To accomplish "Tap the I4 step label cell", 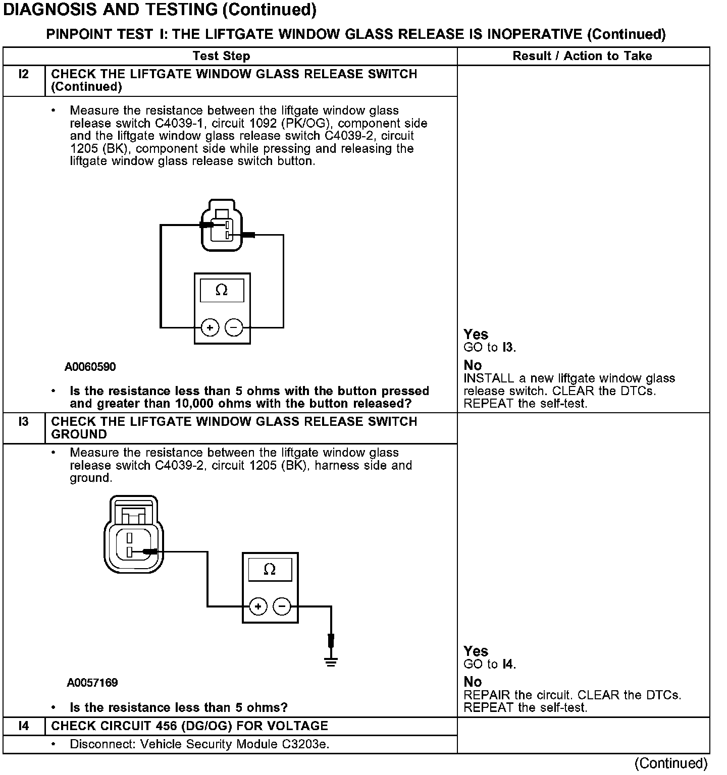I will pos(24,726).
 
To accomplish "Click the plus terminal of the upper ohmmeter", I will pos(210,328).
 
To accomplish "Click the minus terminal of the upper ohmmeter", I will pos(234,328).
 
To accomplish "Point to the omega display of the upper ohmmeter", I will pos(222,291).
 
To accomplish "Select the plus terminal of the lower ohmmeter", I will pos(258,606).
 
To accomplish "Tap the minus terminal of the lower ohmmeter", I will pos(282,606).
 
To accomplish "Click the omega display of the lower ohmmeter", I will pos(270,570).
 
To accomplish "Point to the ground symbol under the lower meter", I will pos(331,660).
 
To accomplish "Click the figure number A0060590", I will pos(90,367).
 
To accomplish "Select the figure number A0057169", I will pos(92,683).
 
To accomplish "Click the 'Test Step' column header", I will pos(221,56).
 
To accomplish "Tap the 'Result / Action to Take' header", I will pos(582,56).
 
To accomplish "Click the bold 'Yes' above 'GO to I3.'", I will pos(476,335).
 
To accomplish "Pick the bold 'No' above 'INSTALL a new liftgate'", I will pos(473,365).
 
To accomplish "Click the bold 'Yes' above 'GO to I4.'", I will pos(476,651).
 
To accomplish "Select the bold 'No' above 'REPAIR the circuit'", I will pos(473,682).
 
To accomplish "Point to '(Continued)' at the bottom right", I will pos(671,763).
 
